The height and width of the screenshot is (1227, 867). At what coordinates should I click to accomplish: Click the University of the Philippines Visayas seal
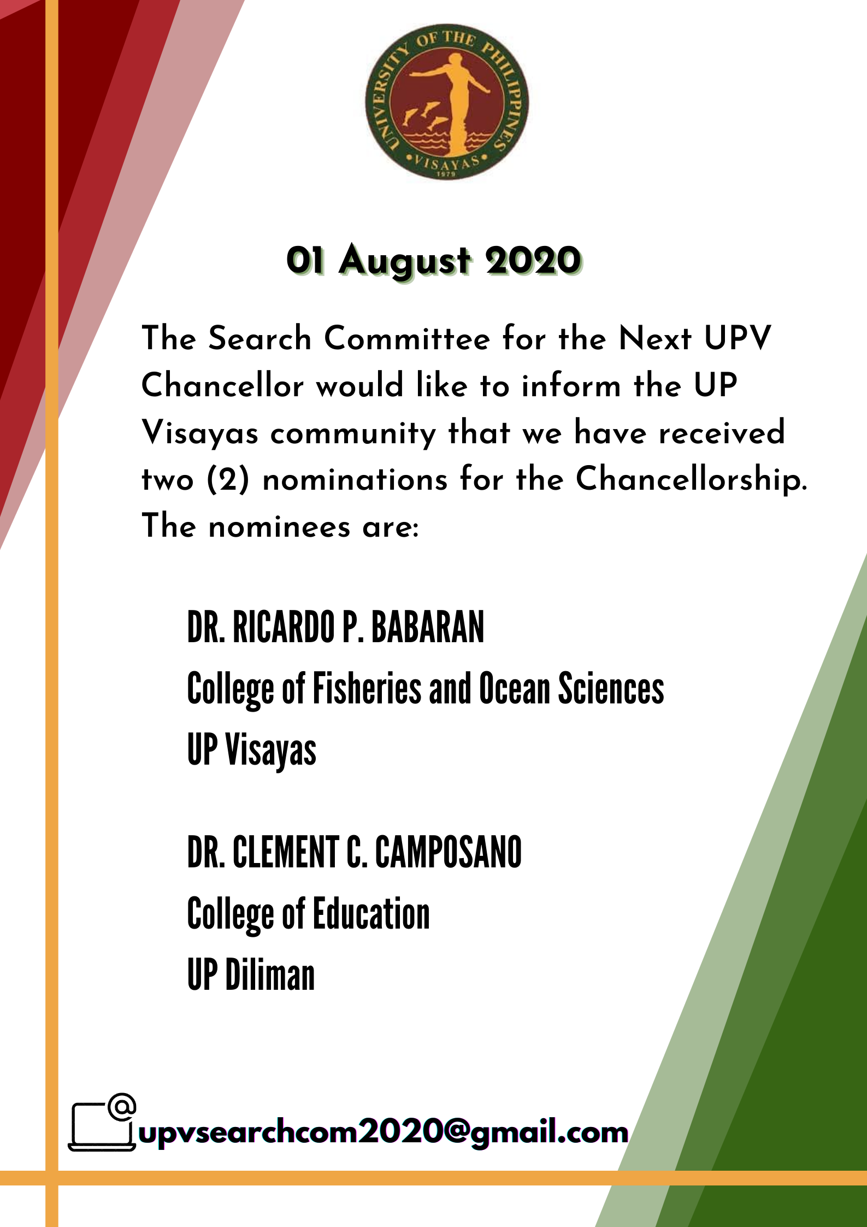pos(447,102)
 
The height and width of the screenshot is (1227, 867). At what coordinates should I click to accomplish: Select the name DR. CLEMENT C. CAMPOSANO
pos(354,852)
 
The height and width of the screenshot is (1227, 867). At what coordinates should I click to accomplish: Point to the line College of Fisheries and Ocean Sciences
pos(426,689)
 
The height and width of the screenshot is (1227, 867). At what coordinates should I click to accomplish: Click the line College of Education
pos(309,914)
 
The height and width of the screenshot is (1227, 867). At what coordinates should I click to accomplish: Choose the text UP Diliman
pos(251,975)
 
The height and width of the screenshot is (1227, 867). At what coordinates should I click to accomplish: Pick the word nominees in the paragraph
pos(279,527)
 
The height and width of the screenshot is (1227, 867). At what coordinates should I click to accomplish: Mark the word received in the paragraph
pos(722,432)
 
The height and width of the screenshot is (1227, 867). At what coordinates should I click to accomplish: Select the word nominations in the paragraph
pos(355,480)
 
